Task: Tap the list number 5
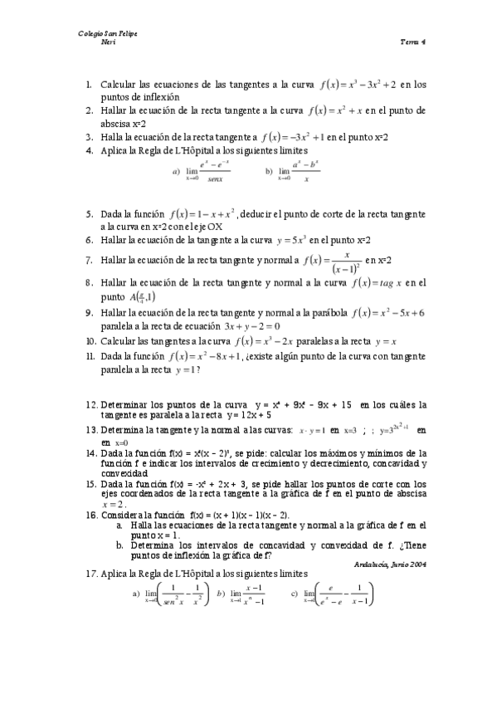(89, 213)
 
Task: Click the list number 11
(90, 356)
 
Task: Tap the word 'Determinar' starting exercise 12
(125, 404)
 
